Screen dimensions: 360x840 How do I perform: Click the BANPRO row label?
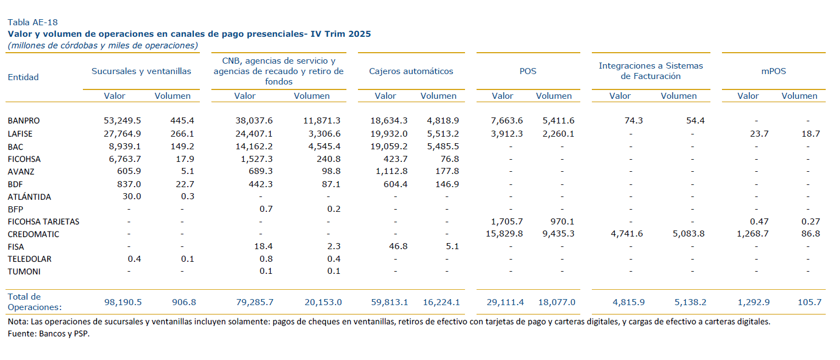coord(24,120)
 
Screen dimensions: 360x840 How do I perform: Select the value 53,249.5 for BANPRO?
coord(122,120)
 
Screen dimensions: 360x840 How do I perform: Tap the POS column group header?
coord(528,71)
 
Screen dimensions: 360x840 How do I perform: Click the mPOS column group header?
coord(773,71)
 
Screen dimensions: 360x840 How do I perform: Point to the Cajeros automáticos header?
coord(411,71)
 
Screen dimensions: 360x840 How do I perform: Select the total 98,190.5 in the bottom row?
coord(122,302)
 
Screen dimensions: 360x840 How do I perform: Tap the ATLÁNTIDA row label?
coord(30,196)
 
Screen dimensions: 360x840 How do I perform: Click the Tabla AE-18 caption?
coord(32,22)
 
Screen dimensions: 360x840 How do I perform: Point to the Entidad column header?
coord(23,77)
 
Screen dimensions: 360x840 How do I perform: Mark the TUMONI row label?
coord(24,271)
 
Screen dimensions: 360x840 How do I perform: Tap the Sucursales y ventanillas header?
coord(141,71)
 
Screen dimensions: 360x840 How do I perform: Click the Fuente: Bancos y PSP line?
coord(48,334)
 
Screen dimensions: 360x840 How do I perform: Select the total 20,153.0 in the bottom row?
coord(323,302)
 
